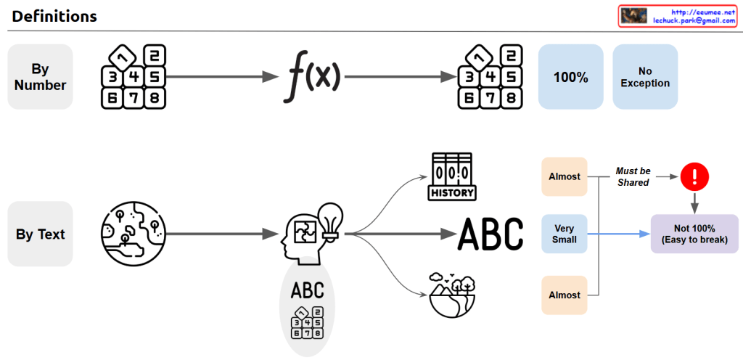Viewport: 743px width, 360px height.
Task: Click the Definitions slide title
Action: point(54,16)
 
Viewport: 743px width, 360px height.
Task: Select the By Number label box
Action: point(40,77)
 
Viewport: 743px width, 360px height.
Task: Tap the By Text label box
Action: point(40,234)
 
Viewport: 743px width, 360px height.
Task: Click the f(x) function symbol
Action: point(311,75)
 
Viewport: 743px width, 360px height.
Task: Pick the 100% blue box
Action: point(570,77)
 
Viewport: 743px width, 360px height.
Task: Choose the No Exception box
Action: point(645,77)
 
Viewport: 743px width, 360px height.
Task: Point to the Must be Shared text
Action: point(633,177)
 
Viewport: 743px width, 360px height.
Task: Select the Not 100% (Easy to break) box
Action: point(694,234)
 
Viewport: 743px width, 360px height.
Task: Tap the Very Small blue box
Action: point(564,234)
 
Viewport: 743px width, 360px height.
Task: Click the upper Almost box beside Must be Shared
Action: point(564,176)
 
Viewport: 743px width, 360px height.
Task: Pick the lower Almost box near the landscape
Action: point(564,295)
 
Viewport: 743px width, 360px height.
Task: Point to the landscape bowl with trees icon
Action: point(452,294)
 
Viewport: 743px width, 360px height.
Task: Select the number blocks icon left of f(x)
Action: point(134,77)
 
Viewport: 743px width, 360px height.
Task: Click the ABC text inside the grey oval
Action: point(307,292)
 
